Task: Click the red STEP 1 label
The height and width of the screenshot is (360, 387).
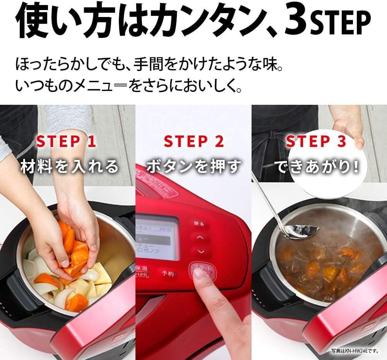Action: (x=66, y=141)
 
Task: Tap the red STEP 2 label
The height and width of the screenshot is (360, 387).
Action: (x=194, y=141)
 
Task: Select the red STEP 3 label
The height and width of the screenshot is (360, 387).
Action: (x=316, y=141)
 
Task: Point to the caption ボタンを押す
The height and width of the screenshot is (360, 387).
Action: (x=194, y=166)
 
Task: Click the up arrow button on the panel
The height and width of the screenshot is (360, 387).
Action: (x=200, y=237)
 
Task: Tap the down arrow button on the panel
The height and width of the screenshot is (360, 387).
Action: (x=200, y=251)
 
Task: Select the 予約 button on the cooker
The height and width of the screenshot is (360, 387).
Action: (x=168, y=273)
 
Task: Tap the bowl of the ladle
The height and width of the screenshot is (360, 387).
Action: (x=303, y=232)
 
